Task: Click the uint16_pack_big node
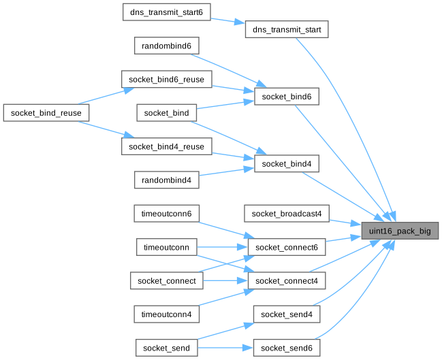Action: tap(400, 231)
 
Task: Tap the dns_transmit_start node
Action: tap(287, 29)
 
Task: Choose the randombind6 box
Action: tap(167, 46)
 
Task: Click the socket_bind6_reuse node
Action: tap(167, 79)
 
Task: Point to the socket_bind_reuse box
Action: tap(46, 112)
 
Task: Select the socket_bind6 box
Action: tap(287, 97)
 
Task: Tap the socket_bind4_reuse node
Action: tap(167, 146)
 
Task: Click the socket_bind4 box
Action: tap(287, 164)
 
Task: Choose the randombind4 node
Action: tap(167, 180)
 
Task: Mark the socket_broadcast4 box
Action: tap(287, 214)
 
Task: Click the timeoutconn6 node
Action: tap(167, 214)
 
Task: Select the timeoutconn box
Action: tap(167, 247)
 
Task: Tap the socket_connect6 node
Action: tap(287, 247)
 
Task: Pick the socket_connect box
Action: tap(167, 280)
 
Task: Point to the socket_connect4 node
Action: tap(287, 280)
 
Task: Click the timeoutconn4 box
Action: tap(167, 314)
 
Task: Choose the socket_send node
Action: tap(167, 348)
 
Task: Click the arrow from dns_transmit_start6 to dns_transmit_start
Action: tap(228, 20)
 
